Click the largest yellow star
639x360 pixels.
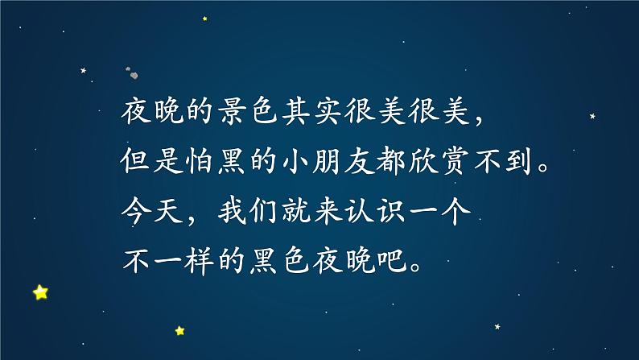pos(40,292)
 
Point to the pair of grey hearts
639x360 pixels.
pos(132,73)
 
